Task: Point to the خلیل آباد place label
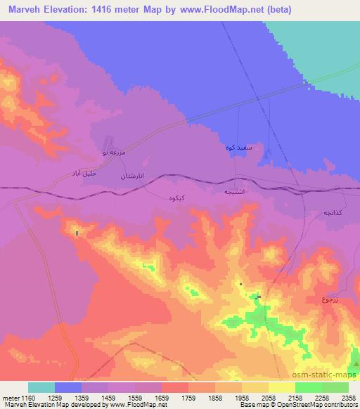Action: pyautogui.click(x=79, y=172)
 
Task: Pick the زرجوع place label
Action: pyautogui.click(x=330, y=300)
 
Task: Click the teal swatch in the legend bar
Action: pyautogui.click(x=41, y=387)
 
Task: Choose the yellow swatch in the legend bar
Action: pyautogui.click(x=282, y=387)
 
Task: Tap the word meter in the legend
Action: pyautogui.click(x=10, y=398)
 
